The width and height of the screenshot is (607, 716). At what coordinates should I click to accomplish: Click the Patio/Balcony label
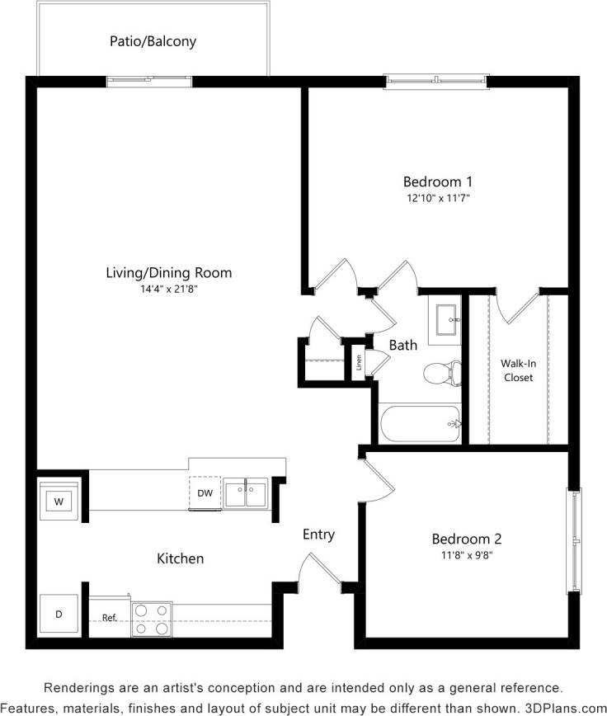click(x=153, y=40)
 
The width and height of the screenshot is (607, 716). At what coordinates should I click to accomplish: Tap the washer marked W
click(x=59, y=501)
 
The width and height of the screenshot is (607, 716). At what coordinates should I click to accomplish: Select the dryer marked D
click(x=59, y=615)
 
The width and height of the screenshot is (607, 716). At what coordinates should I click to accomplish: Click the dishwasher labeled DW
click(x=205, y=493)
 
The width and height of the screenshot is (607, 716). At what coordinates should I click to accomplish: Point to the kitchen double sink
click(x=246, y=493)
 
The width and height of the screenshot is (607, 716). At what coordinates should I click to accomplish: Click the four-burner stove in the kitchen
click(x=151, y=619)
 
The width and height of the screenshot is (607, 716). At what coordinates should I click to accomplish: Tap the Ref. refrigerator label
click(x=109, y=618)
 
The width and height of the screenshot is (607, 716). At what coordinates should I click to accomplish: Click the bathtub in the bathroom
click(x=419, y=424)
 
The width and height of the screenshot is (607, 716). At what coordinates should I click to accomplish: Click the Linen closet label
click(x=359, y=361)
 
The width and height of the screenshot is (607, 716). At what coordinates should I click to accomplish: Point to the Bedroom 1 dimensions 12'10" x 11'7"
click(x=437, y=198)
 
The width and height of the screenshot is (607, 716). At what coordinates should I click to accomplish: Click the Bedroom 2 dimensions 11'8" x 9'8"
click(x=467, y=555)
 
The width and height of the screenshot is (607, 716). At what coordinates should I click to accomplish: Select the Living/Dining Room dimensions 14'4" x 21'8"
click(x=168, y=289)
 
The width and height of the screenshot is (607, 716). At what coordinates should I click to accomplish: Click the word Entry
click(x=318, y=535)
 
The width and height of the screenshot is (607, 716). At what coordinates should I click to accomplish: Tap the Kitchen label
click(x=180, y=558)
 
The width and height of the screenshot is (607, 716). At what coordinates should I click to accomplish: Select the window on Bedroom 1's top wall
click(x=436, y=81)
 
